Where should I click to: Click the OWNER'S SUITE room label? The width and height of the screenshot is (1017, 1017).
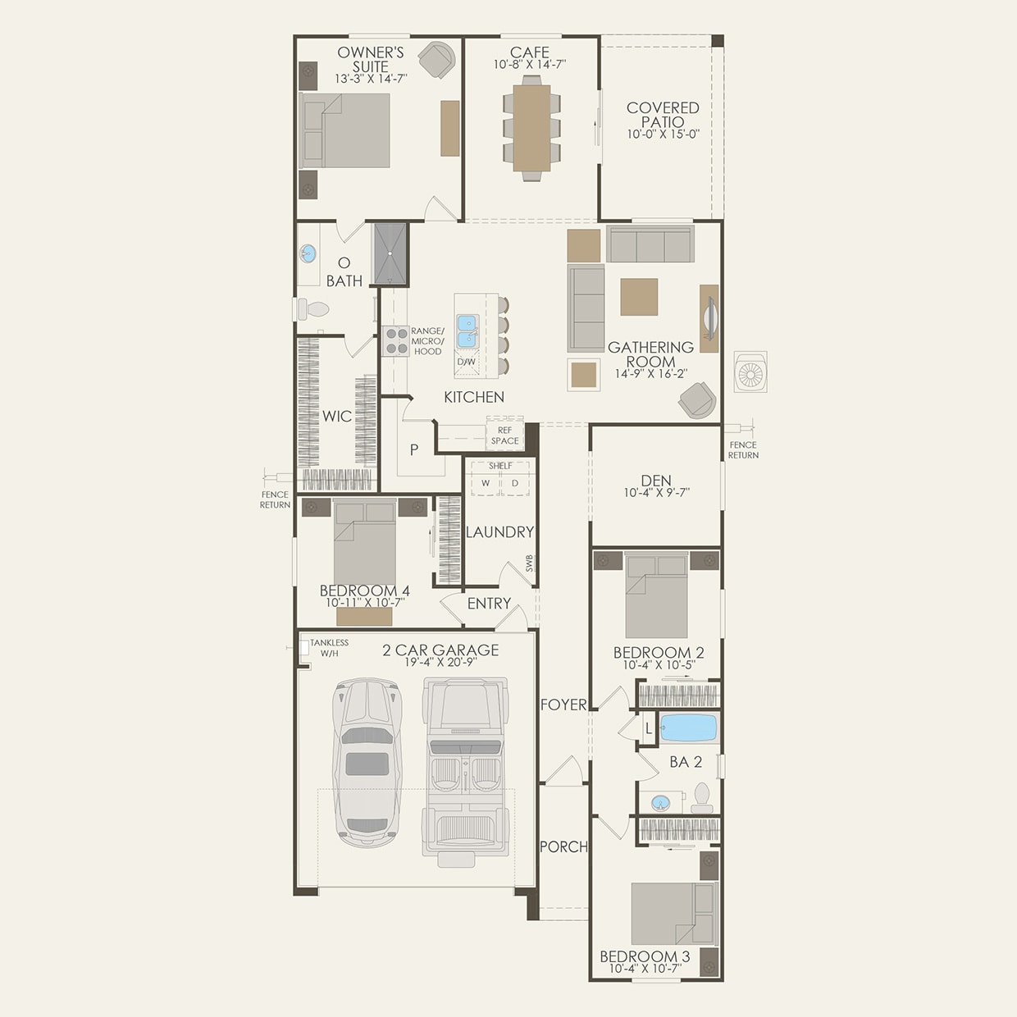point(371,60)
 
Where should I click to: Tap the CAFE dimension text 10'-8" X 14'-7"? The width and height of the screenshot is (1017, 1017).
point(530,65)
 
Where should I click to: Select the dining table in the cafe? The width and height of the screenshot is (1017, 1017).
point(531,128)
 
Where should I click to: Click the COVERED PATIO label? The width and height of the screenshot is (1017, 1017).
point(663,114)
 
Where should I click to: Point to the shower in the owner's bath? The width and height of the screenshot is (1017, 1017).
point(390,253)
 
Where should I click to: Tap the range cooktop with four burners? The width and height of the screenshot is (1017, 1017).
point(397,340)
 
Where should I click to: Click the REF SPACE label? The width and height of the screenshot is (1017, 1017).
point(504,436)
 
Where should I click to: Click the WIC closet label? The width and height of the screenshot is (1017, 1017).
point(336,417)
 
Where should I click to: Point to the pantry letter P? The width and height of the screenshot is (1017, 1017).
point(414,449)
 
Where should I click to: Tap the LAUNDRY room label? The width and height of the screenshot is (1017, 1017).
point(499,532)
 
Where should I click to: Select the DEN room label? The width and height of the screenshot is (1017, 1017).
point(656,481)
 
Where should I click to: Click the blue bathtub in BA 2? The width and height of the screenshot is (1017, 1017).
point(688,727)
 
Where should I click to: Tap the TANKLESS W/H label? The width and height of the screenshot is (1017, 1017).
point(329,648)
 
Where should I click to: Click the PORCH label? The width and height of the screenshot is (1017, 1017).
point(563,846)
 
